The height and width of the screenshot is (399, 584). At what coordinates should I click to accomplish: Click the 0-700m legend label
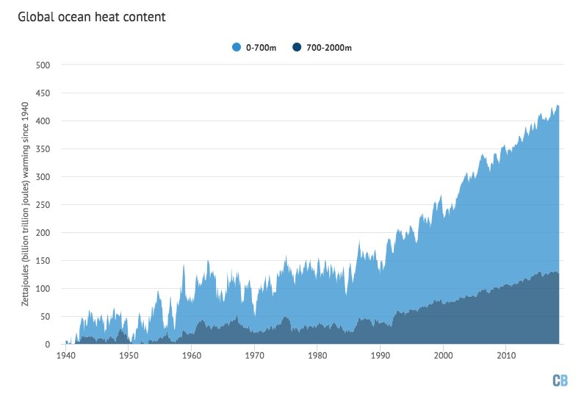coord(260,48)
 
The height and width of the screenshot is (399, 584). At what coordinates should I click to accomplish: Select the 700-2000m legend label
coord(330,48)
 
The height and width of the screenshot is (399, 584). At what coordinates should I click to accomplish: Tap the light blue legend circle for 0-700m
coord(237,48)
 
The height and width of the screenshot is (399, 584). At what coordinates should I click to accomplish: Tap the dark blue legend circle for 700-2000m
coord(298,48)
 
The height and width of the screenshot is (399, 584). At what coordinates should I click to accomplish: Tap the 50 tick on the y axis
coord(45,317)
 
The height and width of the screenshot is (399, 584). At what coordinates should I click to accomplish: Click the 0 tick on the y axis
coord(47,345)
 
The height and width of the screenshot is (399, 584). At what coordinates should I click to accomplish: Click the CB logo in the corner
coord(560,380)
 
